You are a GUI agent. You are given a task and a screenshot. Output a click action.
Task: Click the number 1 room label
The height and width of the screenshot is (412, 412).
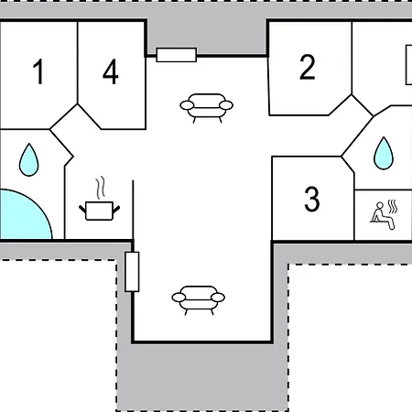(x=38, y=71)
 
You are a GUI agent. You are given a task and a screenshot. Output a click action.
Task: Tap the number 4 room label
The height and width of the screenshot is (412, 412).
(x=111, y=71)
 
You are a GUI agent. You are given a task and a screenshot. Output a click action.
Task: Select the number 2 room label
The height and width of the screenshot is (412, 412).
(x=308, y=67)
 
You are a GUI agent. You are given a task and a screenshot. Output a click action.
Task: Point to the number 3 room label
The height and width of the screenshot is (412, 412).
(x=312, y=199)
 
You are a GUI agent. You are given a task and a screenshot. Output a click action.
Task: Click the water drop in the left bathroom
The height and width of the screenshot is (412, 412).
(x=29, y=160)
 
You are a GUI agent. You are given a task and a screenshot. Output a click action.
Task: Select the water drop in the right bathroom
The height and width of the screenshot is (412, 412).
(x=384, y=154)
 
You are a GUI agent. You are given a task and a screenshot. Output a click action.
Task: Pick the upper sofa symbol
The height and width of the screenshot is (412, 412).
(x=207, y=108)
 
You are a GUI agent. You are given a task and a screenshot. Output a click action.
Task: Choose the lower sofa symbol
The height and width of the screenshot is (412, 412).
(x=199, y=300)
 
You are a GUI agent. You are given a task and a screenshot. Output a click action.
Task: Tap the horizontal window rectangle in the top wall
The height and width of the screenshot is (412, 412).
(x=177, y=55)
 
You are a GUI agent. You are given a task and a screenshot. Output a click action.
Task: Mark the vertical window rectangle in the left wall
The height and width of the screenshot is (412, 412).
(x=132, y=272)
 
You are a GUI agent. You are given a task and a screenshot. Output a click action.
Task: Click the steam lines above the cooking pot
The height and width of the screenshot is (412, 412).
(x=101, y=188)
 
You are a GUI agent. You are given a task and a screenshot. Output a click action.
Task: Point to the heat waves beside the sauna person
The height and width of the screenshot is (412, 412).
(x=393, y=207)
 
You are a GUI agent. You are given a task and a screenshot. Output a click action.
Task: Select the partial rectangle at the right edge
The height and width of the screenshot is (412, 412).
(x=408, y=65)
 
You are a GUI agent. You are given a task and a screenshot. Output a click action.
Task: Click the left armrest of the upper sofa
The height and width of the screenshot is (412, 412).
(x=187, y=105)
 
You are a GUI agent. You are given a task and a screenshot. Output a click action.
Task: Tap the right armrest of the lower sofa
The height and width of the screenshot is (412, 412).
(x=218, y=298)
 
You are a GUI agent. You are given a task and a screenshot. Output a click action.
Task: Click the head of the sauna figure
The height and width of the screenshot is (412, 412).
(x=380, y=205)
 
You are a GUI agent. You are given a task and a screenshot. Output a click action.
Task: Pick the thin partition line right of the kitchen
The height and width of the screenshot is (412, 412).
(x=133, y=210)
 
